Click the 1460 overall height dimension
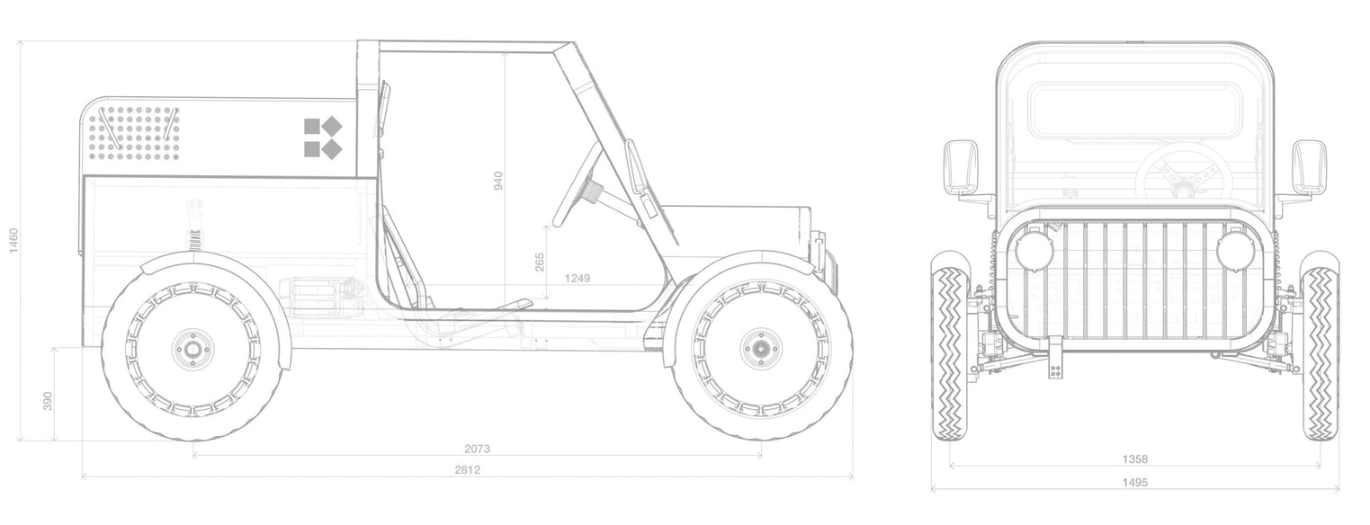point(13,240)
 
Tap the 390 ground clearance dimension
point(48,401)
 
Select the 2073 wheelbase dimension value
point(477,449)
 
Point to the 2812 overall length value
point(467,470)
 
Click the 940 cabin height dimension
point(497,181)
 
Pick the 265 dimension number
point(540,262)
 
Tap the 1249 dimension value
point(578,279)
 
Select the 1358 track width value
point(1135,459)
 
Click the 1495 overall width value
point(1135,482)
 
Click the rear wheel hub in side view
point(194,350)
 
